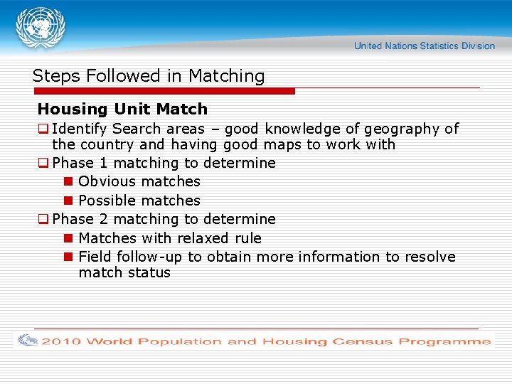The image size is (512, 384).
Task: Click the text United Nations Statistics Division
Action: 424,46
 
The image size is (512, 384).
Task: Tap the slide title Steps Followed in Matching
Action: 149,76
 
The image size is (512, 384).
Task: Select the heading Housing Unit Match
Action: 122,109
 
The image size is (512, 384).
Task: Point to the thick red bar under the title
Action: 164,91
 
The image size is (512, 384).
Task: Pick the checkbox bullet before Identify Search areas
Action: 43,129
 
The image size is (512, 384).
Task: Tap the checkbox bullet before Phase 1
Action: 43,163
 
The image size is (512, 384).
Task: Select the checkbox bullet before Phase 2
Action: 43,219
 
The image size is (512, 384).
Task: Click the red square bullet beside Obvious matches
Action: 69,181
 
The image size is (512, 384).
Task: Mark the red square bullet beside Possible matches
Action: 69,201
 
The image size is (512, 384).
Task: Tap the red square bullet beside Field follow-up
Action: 69,257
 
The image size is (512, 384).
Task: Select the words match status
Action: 124,272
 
